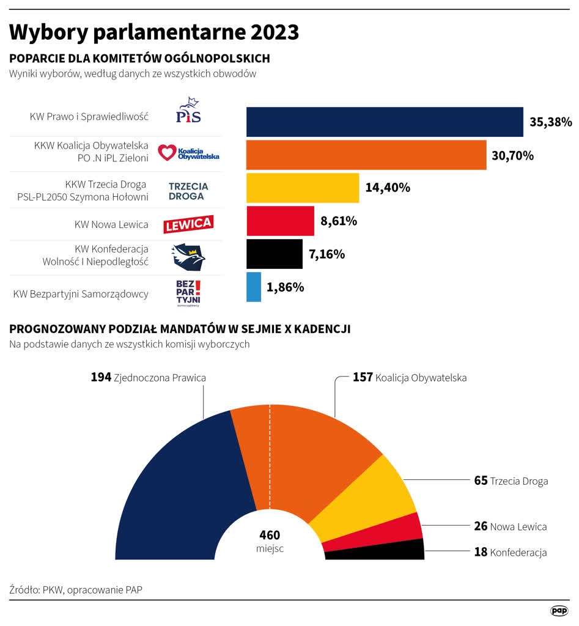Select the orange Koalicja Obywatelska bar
(366, 155)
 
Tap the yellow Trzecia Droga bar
(303, 188)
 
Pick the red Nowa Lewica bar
(280, 221)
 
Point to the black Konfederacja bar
(275, 254)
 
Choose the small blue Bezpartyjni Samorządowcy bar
(254, 287)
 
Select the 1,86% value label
(286, 287)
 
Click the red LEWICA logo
(188, 224)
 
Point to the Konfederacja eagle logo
(188, 257)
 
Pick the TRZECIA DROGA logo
(188, 191)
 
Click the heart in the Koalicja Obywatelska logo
(166, 152)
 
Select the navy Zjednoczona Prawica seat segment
(183, 489)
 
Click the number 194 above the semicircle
(101, 378)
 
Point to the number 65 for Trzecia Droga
(481, 481)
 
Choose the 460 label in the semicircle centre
(270, 534)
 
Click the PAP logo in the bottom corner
(559, 610)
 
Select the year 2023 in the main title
(270, 32)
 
